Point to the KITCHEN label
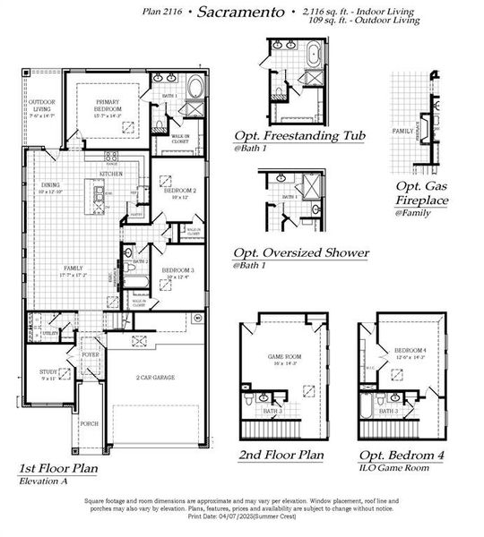pos(124,174)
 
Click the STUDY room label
pos(48,372)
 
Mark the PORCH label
pos(90,424)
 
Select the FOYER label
pos(91,354)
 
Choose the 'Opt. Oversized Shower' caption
pos(300,252)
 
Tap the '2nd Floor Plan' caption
pos(280,455)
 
